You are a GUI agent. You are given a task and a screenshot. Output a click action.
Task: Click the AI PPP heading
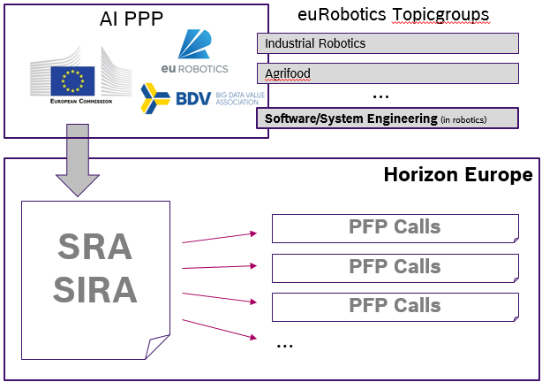pos(132,19)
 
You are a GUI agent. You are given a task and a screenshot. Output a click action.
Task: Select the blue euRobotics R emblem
pos(194,44)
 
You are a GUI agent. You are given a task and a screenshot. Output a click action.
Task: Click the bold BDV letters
pos(193,98)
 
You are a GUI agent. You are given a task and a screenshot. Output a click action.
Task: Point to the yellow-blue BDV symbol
pos(155,98)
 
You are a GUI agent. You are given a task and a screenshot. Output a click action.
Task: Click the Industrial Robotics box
pos(388,43)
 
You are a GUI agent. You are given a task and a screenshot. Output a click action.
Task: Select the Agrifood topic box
pos(388,73)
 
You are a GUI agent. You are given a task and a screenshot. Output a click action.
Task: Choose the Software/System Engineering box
pos(388,118)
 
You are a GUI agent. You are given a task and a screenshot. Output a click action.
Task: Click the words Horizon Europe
pos(458,174)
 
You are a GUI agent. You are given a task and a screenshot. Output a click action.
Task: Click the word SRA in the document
pos(94,247)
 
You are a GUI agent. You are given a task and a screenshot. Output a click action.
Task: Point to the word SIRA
pos(95,290)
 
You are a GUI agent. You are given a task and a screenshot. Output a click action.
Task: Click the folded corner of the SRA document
pos(156,346)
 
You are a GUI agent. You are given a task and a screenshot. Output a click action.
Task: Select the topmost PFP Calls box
pos(395,228)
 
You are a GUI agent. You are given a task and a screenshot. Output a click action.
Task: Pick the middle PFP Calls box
pos(395,268)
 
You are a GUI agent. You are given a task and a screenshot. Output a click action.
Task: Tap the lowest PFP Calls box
pos(395,307)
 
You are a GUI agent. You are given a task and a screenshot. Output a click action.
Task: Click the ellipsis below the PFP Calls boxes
pos(285,346)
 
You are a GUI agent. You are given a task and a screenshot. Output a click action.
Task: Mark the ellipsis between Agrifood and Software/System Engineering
pos(380,96)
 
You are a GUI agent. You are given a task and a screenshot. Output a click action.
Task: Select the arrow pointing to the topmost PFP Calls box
pos(219,238)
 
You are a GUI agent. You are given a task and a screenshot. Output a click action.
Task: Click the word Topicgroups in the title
pos(440,15)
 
